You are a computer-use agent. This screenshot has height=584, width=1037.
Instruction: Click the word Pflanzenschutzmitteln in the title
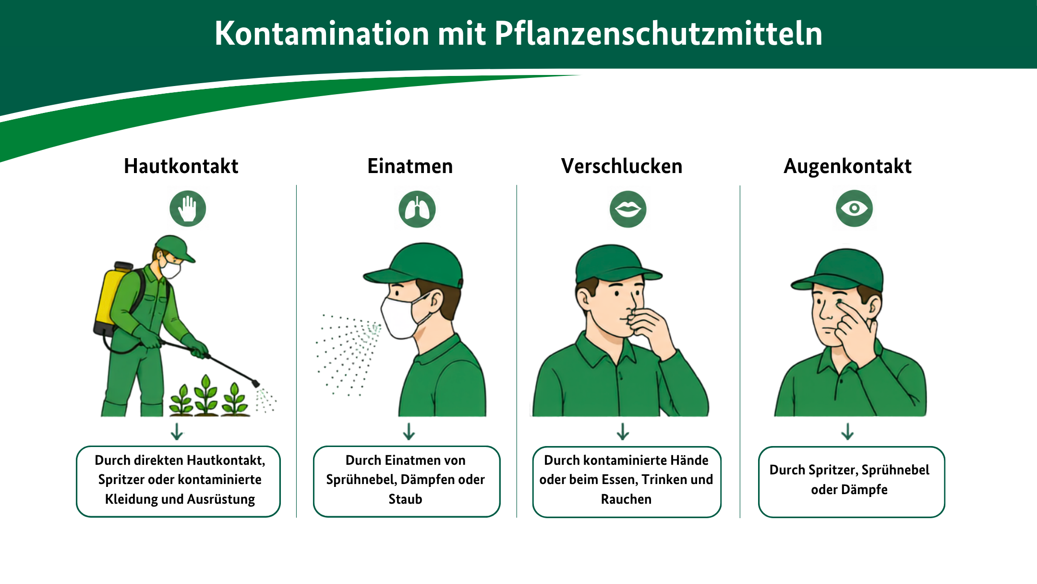coord(658,34)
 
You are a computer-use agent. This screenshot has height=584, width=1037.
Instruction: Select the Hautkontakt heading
coord(181,166)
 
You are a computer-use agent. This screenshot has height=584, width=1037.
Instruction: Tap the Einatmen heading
coord(410,166)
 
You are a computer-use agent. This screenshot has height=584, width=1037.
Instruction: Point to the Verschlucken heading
coord(622,166)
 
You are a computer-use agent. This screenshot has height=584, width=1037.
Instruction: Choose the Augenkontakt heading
coord(847,166)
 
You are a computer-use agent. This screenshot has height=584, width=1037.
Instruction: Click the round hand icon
coord(188,209)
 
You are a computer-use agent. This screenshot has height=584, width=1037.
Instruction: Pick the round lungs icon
coord(417,210)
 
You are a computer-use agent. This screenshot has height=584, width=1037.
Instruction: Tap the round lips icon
coord(628,209)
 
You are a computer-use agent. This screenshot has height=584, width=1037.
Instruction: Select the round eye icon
coord(854,209)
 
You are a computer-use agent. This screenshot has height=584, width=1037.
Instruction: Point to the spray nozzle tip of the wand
coord(256,384)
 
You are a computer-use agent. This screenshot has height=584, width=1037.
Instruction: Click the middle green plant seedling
coord(206,395)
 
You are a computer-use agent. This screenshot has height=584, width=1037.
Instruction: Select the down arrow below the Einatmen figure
coord(409,431)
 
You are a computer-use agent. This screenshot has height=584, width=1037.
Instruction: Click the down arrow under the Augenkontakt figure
coord(847,431)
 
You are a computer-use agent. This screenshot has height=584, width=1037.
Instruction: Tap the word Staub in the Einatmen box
coord(405,499)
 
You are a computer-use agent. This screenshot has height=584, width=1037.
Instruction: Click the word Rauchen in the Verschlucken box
coord(626,499)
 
